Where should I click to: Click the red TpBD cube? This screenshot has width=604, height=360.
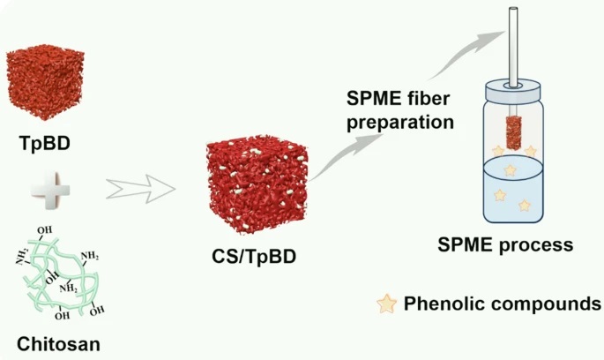pos(46,83)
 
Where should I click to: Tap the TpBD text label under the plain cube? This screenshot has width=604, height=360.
pos(45,144)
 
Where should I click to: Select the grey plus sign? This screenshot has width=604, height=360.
pos(50,191)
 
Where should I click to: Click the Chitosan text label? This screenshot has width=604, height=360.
pos(58,344)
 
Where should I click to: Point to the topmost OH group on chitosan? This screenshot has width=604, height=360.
pos(45,230)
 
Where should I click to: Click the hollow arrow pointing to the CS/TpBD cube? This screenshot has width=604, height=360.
pos(140,189)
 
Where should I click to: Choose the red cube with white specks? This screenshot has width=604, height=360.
pos(257,184)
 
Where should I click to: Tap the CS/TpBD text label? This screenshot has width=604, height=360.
pos(254,256)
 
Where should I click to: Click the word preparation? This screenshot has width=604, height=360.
pos(400,123)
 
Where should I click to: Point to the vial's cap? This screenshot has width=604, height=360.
pos(513,90)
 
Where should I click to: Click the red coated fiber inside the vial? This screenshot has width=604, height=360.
pos(514,132)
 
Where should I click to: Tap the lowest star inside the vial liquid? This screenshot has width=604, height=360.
pos(525,206)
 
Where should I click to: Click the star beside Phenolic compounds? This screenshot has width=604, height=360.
pos(387,304)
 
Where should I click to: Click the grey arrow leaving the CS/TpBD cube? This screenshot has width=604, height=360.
pos(346,156)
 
